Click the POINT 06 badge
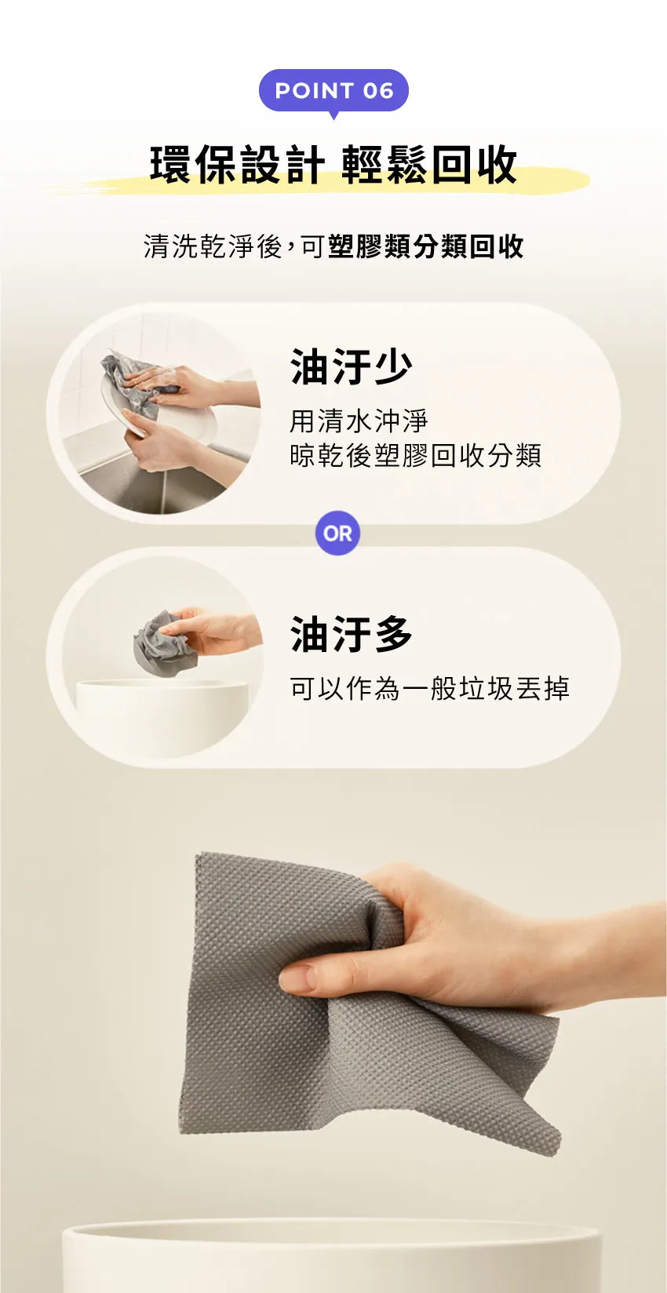point(333,91)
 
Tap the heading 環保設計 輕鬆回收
point(333,166)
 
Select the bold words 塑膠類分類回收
point(425,246)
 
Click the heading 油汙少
point(351,366)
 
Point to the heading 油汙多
point(351,634)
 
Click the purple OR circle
point(337,534)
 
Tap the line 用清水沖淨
point(359,421)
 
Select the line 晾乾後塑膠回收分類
point(415,455)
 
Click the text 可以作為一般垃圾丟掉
point(429,689)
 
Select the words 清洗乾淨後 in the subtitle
point(213,246)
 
